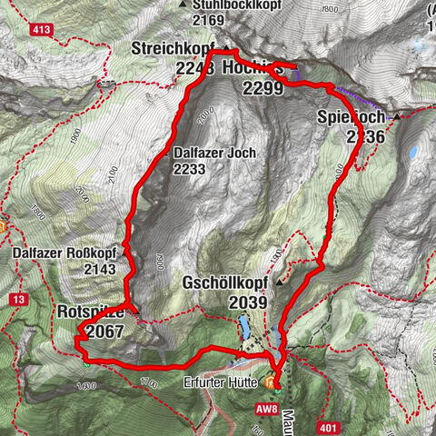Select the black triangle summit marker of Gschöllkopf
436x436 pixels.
click(x=280, y=282)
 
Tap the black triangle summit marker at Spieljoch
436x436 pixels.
click(x=396, y=116)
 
